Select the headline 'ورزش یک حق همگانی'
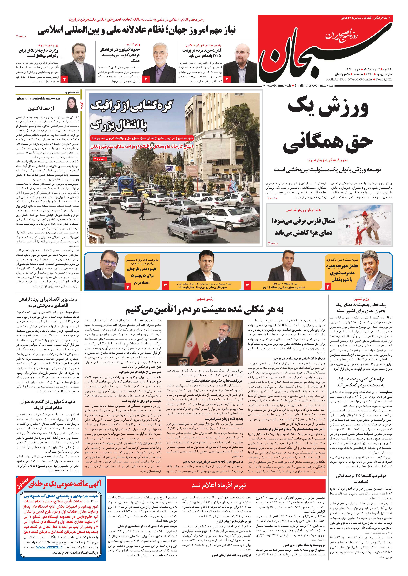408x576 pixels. tap(328, 126)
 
